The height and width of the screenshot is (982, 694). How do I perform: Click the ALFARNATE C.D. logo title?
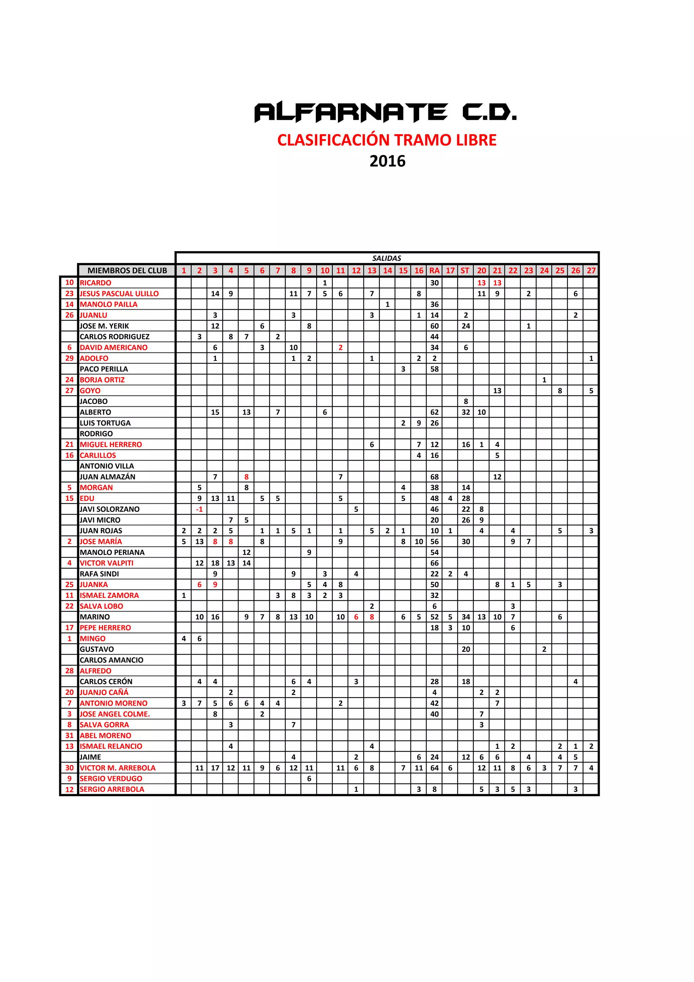point(385,112)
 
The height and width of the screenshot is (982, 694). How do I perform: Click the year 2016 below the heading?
point(387,161)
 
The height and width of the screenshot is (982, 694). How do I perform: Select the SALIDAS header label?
point(387,258)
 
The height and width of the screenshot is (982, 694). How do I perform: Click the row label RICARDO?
point(95,283)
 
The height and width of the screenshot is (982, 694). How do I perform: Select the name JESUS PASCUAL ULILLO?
point(119,294)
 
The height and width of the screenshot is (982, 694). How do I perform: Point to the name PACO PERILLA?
point(104,369)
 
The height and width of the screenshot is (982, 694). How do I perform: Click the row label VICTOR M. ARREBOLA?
point(118,768)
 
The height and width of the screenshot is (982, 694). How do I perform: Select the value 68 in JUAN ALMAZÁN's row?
point(434,477)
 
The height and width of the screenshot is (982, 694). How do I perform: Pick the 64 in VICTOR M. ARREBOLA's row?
point(434,768)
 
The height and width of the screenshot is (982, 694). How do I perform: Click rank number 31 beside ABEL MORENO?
point(69,736)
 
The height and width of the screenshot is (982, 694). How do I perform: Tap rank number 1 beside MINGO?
point(69,639)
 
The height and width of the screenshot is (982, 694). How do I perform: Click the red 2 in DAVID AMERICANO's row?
point(340,348)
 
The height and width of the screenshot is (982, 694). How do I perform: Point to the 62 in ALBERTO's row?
point(434,412)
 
